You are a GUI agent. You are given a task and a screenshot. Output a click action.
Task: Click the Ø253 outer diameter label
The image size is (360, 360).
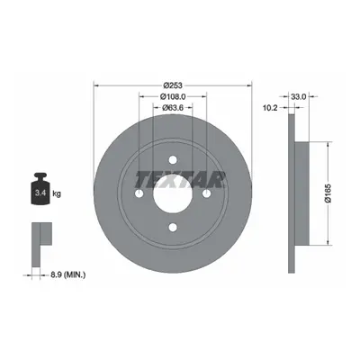click(173, 85)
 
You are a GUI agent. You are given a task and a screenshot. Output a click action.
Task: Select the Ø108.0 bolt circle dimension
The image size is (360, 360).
click(173, 96)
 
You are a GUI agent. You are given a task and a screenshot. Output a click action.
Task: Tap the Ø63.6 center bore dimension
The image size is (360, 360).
click(173, 108)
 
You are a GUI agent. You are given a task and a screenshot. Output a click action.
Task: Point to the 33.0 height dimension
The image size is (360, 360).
click(298, 96)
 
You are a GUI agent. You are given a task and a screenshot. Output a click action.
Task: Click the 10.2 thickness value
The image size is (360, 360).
click(270, 108)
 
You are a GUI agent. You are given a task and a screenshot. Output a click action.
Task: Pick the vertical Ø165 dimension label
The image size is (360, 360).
click(328, 193)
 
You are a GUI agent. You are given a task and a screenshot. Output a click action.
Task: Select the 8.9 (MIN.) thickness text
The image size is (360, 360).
click(67, 274)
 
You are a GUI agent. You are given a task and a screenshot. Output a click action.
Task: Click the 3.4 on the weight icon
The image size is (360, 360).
click(40, 193)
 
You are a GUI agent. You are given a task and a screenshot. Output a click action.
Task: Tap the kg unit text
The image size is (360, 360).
click(57, 193)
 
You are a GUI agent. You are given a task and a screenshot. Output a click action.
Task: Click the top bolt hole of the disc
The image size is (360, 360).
click(173, 160)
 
